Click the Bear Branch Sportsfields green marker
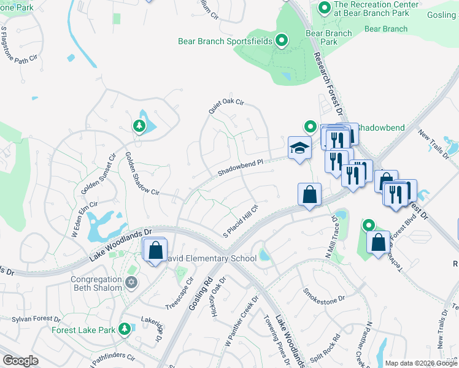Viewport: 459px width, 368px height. coord(282,41)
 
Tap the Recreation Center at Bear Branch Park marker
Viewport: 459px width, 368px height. coord(324,9)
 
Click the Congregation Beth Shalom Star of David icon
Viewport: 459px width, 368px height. coord(130,282)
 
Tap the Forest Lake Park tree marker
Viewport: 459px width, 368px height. coord(125,329)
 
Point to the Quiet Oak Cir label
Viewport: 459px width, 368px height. coord(226,107)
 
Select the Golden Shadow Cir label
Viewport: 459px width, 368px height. coord(142,174)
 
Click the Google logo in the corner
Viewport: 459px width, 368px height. coord(21,360)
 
